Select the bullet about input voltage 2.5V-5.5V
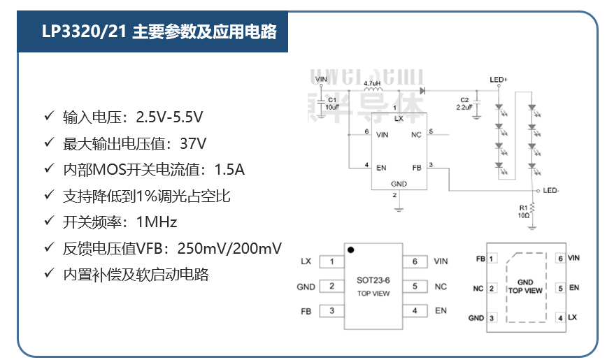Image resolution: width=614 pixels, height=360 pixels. point(133,115)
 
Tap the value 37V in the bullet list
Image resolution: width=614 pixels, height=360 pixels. point(193,143)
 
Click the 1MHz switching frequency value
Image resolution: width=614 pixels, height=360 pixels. point(156,222)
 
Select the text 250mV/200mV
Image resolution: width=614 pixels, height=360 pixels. point(229,248)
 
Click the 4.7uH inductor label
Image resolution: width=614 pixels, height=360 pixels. point(373,83)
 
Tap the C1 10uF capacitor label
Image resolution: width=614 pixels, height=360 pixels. point(331,103)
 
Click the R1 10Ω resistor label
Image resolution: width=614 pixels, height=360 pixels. point(524,211)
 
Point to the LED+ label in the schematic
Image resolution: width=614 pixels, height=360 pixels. point(499,80)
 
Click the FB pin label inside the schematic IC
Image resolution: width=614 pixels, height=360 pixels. point(416,168)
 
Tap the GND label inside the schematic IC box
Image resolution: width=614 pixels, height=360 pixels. point(398,184)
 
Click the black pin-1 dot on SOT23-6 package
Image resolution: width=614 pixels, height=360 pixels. point(350,249)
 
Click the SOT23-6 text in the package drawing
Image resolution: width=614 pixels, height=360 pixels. point(373,280)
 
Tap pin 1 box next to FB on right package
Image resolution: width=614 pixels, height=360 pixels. point(492,259)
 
